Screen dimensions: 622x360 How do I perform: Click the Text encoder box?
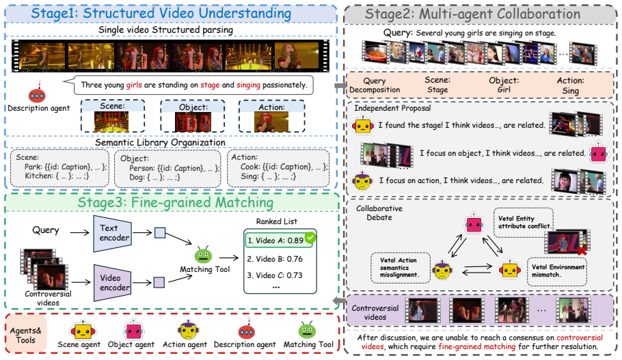pos(113,234)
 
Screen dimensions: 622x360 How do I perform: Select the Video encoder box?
pos(113,283)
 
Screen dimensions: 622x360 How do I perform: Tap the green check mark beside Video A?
pos(310,237)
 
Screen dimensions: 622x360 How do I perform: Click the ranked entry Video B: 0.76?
pos(275,259)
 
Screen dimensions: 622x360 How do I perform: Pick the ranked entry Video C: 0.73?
pos(275,275)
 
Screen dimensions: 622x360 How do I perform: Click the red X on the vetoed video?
pos(582,251)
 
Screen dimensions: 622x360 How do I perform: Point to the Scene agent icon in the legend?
pos(83,331)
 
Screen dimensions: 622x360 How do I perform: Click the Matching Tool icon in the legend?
pos(307,330)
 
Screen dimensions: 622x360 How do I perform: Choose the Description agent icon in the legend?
pos(247,331)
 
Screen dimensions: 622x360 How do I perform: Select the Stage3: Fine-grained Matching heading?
pos(176,203)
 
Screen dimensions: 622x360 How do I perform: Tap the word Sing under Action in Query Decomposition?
pos(571,91)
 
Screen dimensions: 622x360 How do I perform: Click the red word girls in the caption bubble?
pos(134,85)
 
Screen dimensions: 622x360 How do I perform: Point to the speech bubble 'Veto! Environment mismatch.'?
pos(557,272)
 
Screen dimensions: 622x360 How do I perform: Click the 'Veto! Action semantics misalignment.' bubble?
pos(401,268)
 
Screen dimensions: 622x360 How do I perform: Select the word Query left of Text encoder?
pos(46,230)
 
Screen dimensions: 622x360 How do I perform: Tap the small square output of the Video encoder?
pos(159,282)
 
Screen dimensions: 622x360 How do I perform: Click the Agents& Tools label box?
pos(26,335)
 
